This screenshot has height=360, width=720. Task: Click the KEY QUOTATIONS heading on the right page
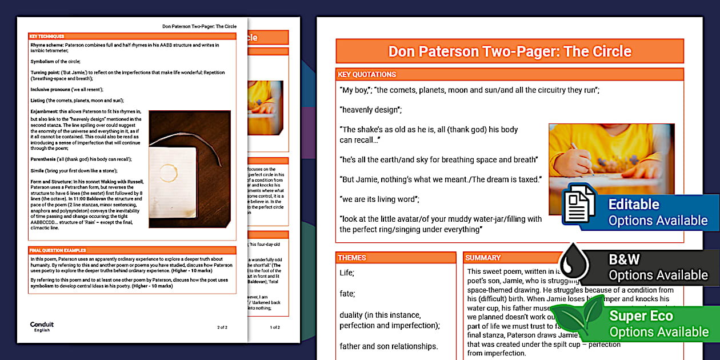click(x=367, y=74)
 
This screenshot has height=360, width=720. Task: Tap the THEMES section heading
click(x=353, y=258)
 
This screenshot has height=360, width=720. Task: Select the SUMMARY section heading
click(x=483, y=258)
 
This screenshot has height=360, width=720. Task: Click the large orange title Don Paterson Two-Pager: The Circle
click(x=509, y=51)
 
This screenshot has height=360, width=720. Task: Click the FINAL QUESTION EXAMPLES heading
click(x=58, y=250)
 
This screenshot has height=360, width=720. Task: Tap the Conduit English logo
click(x=42, y=326)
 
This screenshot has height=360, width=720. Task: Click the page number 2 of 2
click(x=222, y=327)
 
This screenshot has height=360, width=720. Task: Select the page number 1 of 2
click(x=275, y=327)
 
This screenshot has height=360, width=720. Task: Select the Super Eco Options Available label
click(x=658, y=323)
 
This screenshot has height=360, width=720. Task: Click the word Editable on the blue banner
click(x=633, y=204)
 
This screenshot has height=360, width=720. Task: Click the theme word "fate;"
click(x=347, y=294)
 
